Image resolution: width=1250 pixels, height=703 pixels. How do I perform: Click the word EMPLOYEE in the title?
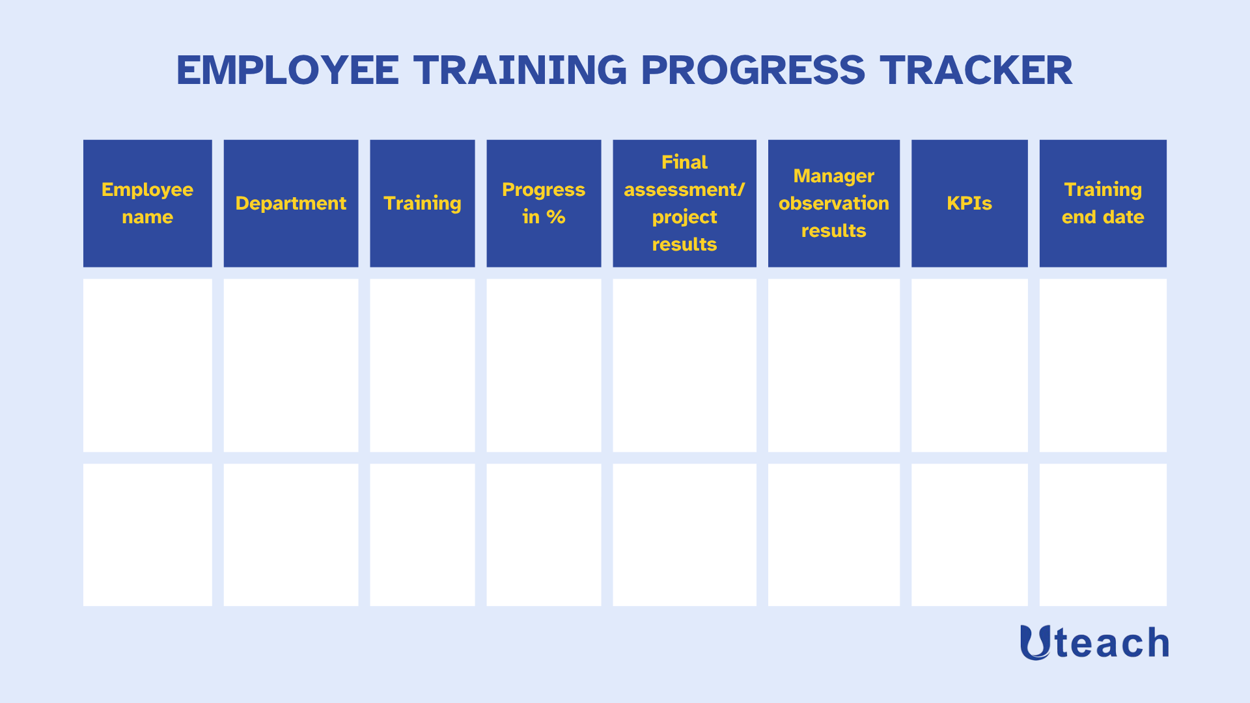[288, 70]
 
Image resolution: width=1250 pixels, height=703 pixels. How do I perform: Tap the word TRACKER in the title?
[976, 70]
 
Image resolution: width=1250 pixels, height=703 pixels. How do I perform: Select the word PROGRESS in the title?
[753, 70]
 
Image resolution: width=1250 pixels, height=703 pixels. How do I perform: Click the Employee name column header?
[148, 203]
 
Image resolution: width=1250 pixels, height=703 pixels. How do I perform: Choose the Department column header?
[291, 203]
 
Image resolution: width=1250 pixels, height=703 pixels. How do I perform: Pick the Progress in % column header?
[544, 203]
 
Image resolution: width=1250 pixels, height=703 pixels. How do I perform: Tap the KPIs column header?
[969, 203]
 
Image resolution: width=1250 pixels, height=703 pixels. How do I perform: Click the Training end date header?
[1103, 203]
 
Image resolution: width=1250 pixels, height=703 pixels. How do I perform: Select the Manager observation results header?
[834, 203]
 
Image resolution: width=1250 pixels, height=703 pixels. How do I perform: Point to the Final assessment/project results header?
[684, 203]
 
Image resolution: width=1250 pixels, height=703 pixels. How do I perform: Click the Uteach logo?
[1094, 642]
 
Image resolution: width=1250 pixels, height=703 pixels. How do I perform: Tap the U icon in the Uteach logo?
[1035, 642]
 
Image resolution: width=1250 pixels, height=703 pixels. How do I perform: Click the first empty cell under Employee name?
[148, 365]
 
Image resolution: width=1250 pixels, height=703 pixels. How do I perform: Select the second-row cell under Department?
[291, 534]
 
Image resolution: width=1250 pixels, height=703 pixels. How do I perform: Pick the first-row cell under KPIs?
[969, 365]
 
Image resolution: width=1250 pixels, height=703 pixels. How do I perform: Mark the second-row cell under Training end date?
[1103, 534]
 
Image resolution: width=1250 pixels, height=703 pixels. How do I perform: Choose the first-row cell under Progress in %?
[544, 365]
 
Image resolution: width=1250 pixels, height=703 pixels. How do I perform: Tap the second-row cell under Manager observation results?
[834, 534]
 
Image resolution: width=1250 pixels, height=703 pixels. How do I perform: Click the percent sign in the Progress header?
[555, 217]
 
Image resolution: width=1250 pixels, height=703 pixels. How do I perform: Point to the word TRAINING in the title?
[520, 70]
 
